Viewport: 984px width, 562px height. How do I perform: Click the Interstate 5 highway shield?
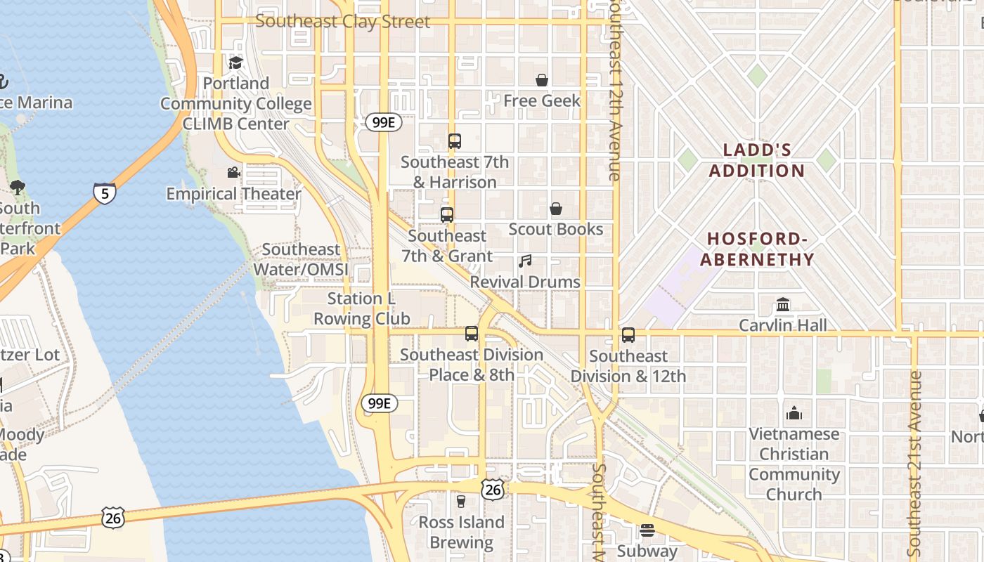[x=104, y=193]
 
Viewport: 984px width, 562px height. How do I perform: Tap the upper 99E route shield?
[x=383, y=122]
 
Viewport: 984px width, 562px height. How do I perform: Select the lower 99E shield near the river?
[x=380, y=403]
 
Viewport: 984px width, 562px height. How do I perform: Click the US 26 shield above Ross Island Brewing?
[x=493, y=489]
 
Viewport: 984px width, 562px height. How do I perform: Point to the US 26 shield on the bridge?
[x=112, y=518]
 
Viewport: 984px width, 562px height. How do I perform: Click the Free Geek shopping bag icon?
[x=542, y=80]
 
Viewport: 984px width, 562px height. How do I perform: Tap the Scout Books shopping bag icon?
[x=555, y=209]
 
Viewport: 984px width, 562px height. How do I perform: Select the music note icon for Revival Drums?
[x=525, y=261]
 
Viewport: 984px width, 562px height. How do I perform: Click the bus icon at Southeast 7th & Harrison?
[x=455, y=141]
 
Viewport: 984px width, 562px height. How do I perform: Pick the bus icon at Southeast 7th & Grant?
[x=447, y=215]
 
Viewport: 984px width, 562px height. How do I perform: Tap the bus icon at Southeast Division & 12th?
[x=628, y=335]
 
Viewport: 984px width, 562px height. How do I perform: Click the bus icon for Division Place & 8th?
[x=472, y=334]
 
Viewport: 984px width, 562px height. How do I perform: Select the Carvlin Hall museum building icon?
[x=783, y=305]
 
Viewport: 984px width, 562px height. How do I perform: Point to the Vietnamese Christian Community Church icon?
[x=794, y=413]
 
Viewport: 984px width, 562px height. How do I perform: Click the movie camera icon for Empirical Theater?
[x=233, y=173]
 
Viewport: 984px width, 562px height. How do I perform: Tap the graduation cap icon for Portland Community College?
[x=235, y=63]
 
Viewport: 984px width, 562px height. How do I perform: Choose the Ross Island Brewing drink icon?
[x=461, y=501]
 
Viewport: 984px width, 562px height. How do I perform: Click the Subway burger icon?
[x=647, y=530]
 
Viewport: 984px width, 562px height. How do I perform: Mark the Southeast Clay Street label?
[x=342, y=21]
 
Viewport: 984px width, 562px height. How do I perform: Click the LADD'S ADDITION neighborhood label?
[x=757, y=160]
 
